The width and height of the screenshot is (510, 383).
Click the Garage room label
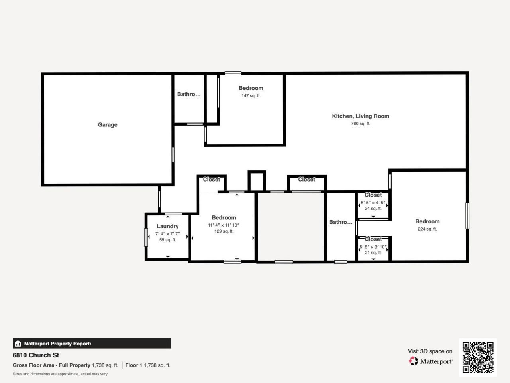(108, 125)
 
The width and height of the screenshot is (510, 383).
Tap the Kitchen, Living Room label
(361, 116)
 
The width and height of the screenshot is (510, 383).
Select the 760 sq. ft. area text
(361, 124)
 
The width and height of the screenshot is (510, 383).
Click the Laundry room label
(167, 226)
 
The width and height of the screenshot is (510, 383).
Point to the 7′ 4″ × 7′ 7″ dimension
(167, 234)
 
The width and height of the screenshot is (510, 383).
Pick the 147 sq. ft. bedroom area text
(251, 96)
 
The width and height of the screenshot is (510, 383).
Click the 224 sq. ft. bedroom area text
(427, 229)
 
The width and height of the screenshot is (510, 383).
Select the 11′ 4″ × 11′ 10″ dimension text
(224, 225)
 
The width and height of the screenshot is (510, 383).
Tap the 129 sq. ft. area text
(224, 231)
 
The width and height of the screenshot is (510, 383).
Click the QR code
(478, 357)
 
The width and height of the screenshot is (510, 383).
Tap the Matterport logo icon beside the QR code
(414, 361)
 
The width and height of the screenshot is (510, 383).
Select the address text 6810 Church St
(36, 355)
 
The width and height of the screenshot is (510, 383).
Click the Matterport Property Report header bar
(92, 344)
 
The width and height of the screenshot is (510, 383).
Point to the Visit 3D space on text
(430, 351)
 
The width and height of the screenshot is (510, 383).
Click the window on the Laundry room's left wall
(146, 237)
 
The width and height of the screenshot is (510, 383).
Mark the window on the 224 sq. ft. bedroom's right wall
(467, 215)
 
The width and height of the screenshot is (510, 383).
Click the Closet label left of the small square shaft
(211, 180)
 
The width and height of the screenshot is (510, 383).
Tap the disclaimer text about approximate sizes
(60, 374)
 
